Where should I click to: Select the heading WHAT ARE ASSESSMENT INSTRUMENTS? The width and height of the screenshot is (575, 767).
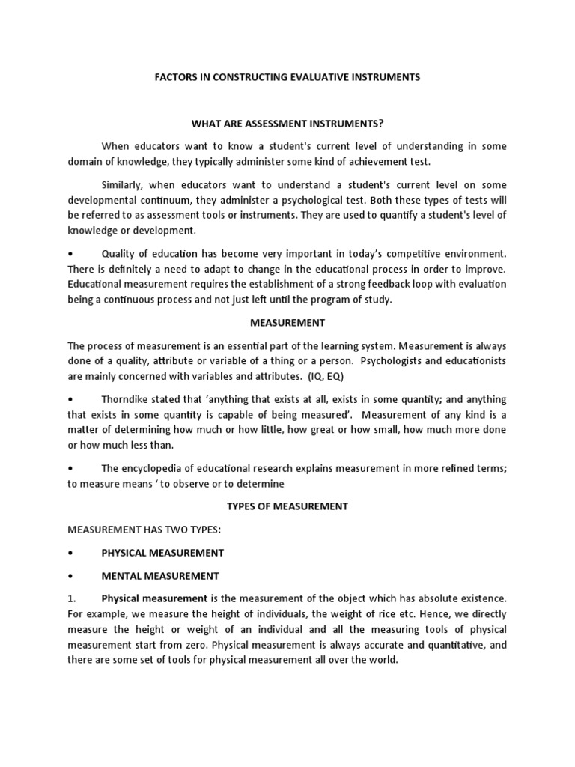point(287,122)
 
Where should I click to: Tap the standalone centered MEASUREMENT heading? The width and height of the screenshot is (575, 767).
point(287,322)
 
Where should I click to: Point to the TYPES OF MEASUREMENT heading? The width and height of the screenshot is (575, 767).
point(287,506)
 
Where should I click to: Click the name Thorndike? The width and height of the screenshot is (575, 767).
point(127,399)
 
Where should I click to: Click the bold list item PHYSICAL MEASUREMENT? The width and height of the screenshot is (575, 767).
point(162,552)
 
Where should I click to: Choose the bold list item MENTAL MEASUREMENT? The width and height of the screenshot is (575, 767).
point(160,575)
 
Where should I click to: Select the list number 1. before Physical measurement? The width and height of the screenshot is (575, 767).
point(72,598)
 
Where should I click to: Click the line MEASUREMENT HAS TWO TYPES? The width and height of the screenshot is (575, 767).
point(144,529)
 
